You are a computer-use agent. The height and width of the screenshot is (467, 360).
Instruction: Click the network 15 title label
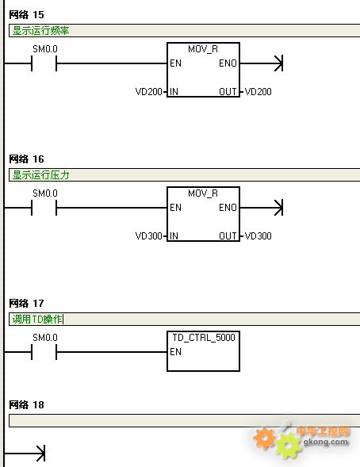[26, 14]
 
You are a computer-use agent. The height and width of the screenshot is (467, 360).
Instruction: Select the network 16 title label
[26, 159]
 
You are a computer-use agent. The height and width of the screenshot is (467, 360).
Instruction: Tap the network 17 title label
[26, 303]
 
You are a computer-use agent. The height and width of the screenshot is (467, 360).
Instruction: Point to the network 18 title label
[26, 404]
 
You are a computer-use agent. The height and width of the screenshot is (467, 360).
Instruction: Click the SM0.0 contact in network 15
[44, 63]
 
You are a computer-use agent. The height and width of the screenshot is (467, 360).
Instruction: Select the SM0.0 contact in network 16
[44, 208]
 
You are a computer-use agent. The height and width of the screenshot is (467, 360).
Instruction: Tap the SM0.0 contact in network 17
[44, 352]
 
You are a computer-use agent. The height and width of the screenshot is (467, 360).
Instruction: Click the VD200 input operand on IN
[149, 91]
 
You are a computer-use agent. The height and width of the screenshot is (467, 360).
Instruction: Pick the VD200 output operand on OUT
[258, 91]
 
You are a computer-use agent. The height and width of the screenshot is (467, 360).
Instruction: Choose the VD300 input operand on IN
[149, 236]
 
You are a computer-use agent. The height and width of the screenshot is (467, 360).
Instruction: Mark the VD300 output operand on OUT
[258, 236]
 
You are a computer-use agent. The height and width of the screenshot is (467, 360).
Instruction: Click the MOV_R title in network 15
[203, 49]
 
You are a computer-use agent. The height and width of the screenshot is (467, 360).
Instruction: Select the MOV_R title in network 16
[203, 193]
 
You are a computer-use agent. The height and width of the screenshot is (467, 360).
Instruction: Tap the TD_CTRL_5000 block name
[204, 338]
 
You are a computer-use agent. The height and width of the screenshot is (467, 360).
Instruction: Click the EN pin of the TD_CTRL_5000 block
[175, 352]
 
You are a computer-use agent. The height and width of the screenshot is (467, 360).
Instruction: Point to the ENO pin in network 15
[228, 63]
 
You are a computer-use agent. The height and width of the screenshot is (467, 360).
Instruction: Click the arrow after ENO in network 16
[262, 208]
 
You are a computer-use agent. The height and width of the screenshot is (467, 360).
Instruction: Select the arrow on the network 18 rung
[25, 454]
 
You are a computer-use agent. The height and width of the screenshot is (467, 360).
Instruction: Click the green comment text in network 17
[37, 320]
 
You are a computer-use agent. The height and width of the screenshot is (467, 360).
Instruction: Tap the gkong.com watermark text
[325, 442]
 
